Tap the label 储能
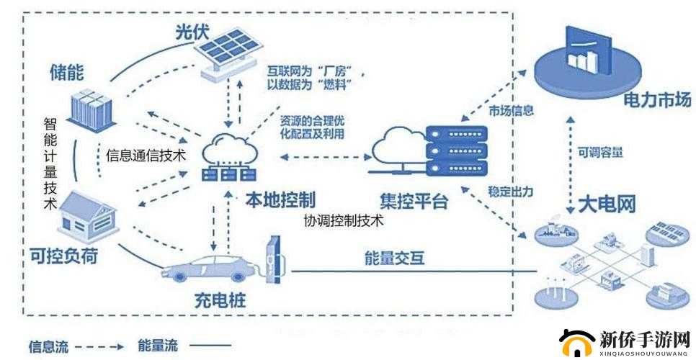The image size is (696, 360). click(x=66, y=73)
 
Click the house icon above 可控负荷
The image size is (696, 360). click(x=87, y=216)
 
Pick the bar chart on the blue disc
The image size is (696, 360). click(x=584, y=56)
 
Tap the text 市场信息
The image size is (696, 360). click(x=511, y=110)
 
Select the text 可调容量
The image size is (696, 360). click(x=599, y=153)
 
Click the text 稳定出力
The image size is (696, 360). click(x=510, y=192)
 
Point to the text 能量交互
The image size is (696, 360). click(x=396, y=257)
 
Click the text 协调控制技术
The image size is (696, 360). click(x=343, y=221)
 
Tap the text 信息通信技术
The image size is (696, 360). click(x=146, y=154)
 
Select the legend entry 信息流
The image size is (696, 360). click(x=48, y=347)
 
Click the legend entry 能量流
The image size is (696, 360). click(x=158, y=347)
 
